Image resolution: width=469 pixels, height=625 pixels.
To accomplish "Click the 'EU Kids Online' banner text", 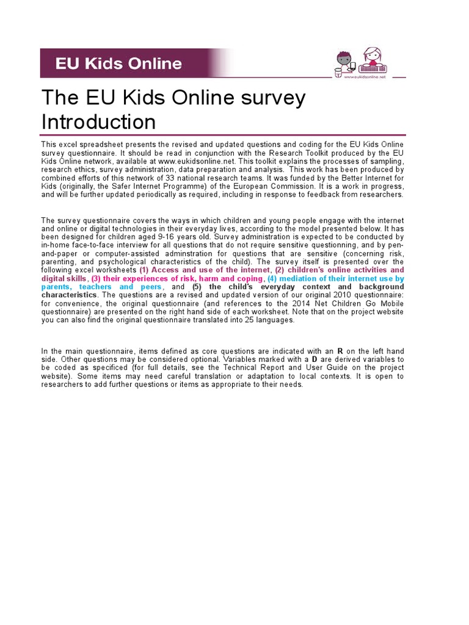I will click(x=118, y=63).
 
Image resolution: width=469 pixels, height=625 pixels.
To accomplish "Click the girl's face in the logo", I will click(x=370, y=57).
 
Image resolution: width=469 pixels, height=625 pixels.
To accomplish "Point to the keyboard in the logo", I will click(x=372, y=68).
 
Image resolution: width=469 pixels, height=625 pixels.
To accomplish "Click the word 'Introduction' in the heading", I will click(x=98, y=121).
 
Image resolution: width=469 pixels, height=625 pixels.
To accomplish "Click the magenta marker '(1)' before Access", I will click(x=144, y=270).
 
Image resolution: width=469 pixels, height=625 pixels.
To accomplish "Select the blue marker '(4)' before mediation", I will click(x=272, y=278).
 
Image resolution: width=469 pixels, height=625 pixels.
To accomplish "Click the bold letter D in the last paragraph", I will click(x=314, y=360).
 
